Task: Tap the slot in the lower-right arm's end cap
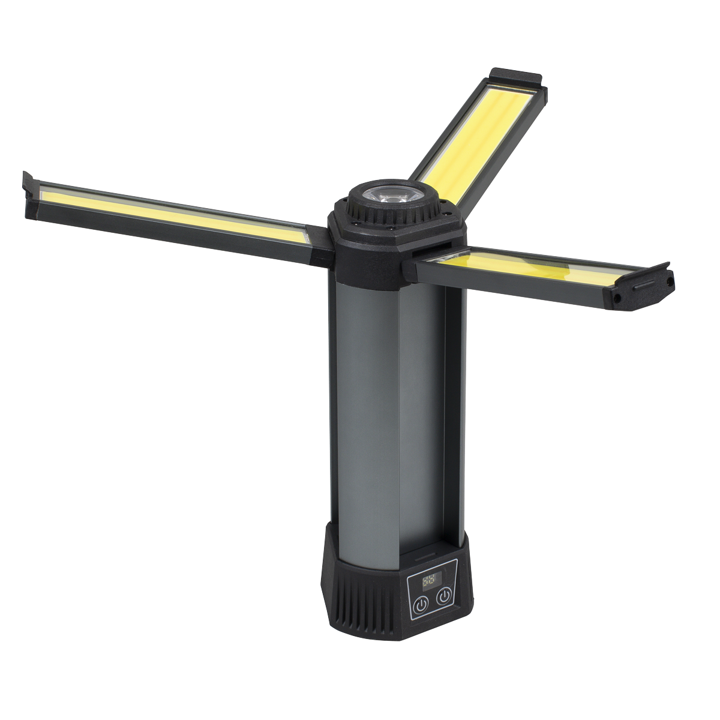(646, 287)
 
